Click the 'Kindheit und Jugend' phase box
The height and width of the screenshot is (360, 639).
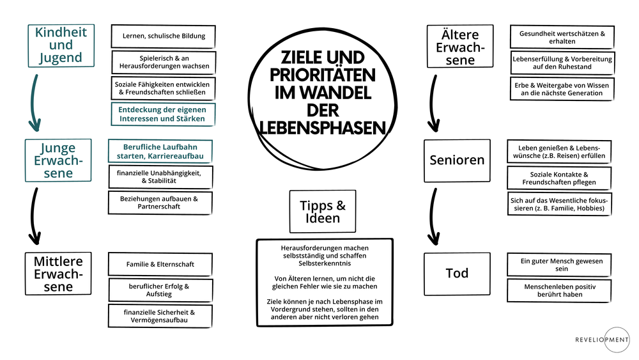pyautogui.click(x=61, y=45)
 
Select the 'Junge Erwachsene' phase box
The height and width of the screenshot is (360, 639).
pyautogui.click(x=58, y=160)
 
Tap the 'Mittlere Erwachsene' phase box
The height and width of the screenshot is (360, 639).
pyautogui.click(x=58, y=274)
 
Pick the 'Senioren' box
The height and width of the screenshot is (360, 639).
pyautogui.click(x=458, y=160)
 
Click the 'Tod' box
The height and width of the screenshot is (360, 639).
pyautogui.click(x=458, y=274)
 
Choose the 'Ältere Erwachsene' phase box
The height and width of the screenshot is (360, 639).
pyautogui.click(x=460, y=46)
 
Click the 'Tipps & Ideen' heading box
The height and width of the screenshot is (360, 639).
pyautogui.click(x=323, y=211)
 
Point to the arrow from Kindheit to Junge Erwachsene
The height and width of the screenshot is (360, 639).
pyautogui.click(x=33, y=103)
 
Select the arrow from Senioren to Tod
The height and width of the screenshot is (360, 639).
pyautogui.click(x=433, y=217)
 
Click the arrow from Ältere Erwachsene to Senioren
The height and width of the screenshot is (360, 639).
pyautogui.click(x=433, y=104)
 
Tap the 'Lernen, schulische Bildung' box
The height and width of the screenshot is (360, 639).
pyautogui.click(x=164, y=36)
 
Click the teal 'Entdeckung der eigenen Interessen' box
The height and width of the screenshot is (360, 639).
pyautogui.click(x=163, y=114)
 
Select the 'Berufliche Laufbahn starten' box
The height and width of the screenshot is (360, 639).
pyautogui.click(x=160, y=152)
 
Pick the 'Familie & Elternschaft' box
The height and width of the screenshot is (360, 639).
pyautogui.click(x=160, y=264)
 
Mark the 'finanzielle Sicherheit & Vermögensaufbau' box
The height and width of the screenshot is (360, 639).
pyautogui.click(x=160, y=316)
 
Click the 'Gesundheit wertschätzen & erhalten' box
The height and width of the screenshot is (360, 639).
pyautogui.click(x=562, y=37)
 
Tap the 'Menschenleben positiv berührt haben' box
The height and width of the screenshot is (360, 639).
pyautogui.click(x=559, y=290)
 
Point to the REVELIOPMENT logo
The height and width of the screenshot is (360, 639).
pyautogui.click(x=603, y=340)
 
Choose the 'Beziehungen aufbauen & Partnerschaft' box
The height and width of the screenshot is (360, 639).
pyautogui.click(x=160, y=203)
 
